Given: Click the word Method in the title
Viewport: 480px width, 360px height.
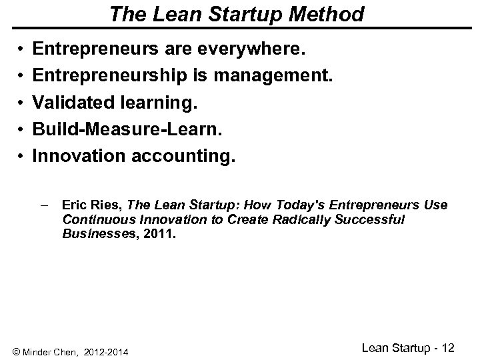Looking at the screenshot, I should [x=325, y=13].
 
